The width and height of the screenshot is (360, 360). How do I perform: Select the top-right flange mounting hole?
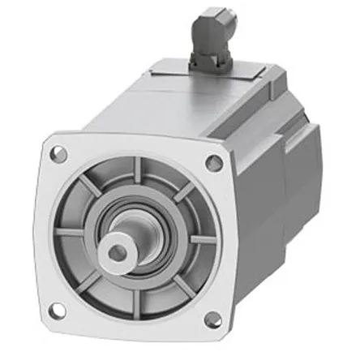pos(215,163)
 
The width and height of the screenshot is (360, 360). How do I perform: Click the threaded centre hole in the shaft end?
pos(118,253)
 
